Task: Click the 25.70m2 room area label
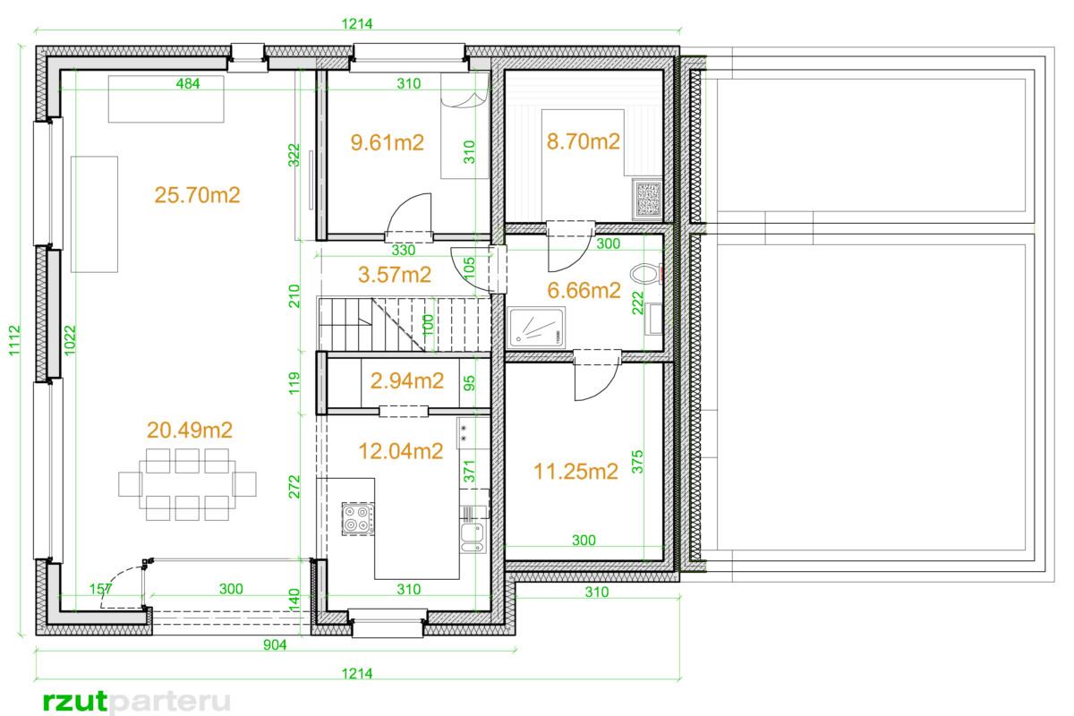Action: pos(197,195)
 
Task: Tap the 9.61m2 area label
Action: pos(387,142)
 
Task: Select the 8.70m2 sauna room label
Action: pos(583,141)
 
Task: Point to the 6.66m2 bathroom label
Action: pos(584,291)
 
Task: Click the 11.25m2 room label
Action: pos(575,472)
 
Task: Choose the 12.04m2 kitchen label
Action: pos(401,451)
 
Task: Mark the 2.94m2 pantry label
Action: pos(407,380)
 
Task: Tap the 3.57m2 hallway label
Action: pos(395,275)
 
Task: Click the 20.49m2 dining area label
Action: pos(190,430)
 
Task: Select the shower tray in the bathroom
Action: pos(536,328)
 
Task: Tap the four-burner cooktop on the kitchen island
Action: pos(358,518)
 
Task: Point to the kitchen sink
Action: pos(473,538)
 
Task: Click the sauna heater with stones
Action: pos(647,199)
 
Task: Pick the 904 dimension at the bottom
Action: pos(275,644)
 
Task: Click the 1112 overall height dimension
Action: pos(14,340)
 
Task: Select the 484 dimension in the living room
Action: pos(187,84)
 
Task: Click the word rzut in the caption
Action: pos(75,702)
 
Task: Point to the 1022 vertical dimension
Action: pos(70,340)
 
